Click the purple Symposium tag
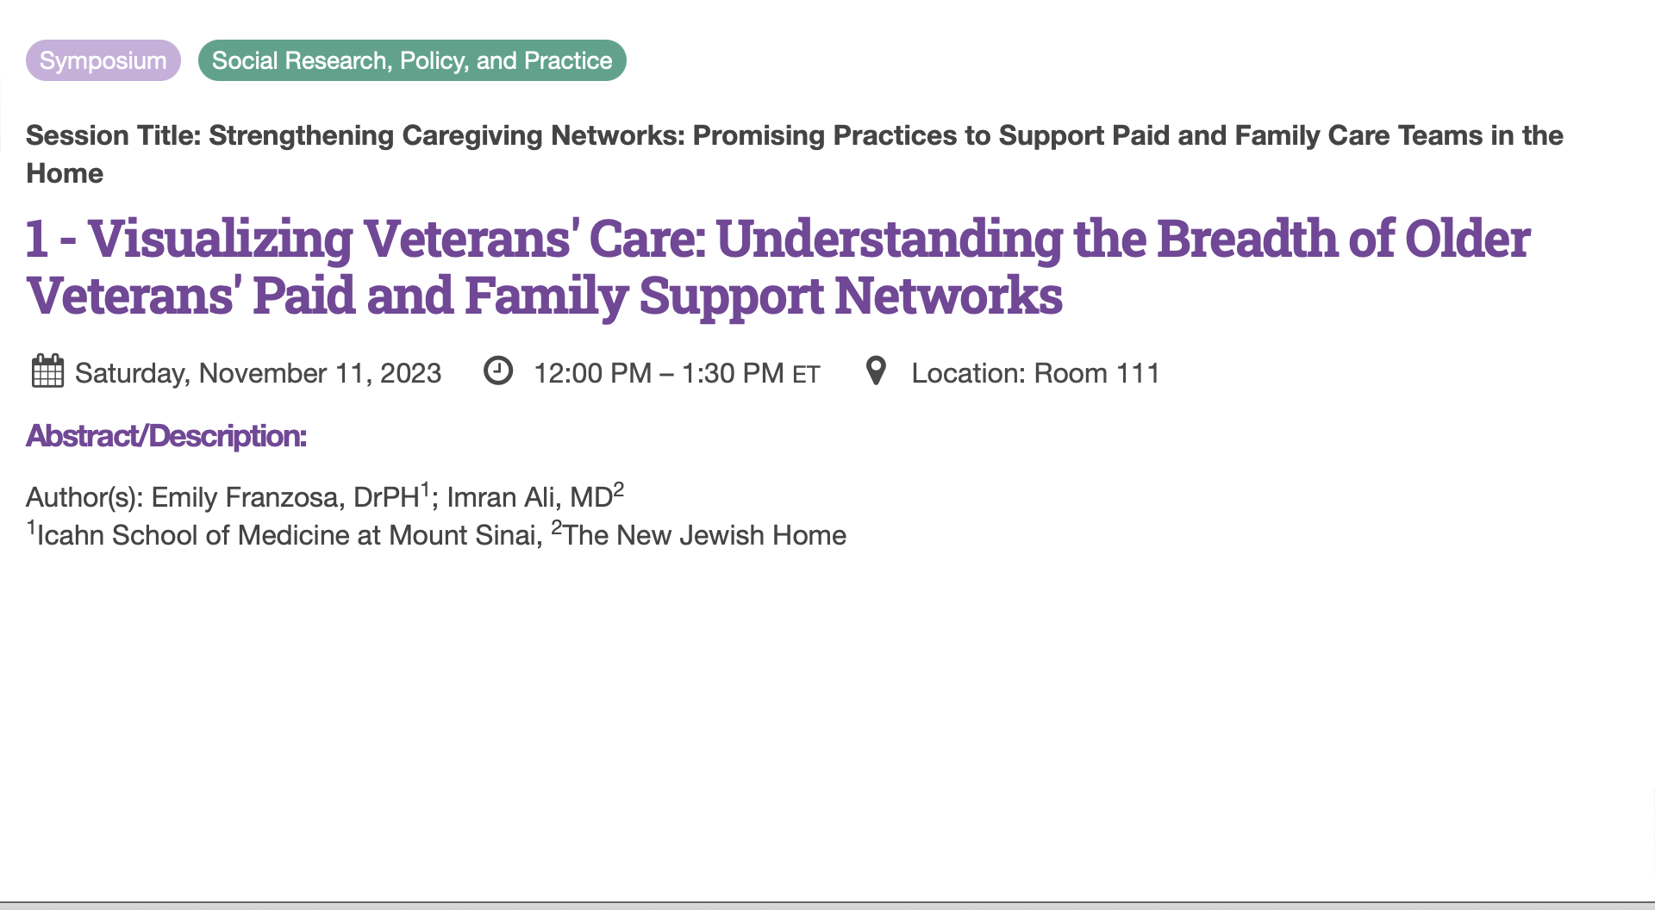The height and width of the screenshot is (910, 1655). click(x=103, y=60)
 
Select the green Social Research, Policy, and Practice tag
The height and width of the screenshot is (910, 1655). click(x=412, y=60)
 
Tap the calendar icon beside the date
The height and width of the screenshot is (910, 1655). click(x=47, y=371)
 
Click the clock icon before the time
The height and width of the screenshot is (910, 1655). click(x=498, y=371)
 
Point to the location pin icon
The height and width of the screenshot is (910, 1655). click(x=876, y=371)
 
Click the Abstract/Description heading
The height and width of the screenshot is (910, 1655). click(x=166, y=436)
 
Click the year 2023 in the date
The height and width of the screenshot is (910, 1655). click(x=410, y=373)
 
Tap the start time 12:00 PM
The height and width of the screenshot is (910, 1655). click(x=592, y=373)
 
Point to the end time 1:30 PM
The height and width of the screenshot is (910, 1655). click(x=733, y=373)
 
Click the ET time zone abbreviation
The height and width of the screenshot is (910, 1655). click(x=806, y=375)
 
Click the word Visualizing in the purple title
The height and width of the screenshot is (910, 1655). click(x=220, y=240)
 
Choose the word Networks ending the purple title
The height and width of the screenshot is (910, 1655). click(x=948, y=296)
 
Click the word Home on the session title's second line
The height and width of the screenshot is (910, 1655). click(x=65, y=173)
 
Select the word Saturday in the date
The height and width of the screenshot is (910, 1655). click(x=132, y=374)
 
